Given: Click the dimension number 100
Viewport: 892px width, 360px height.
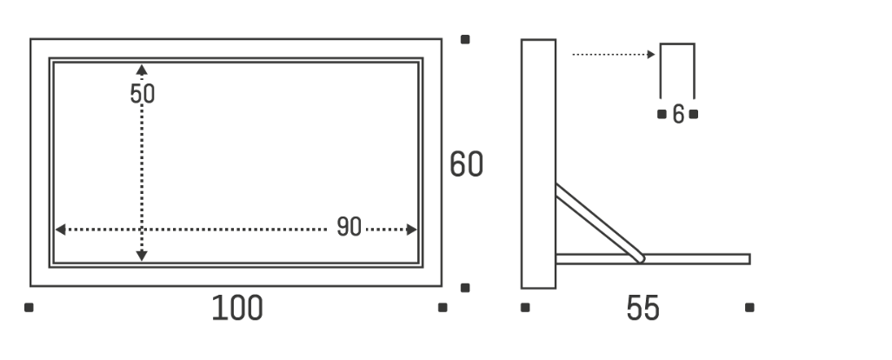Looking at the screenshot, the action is click(237, 308).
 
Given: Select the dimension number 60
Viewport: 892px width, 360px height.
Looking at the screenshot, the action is click(466, 164).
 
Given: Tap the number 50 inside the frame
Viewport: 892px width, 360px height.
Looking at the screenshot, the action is click(143, 94).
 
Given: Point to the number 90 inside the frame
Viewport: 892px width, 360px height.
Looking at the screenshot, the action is click(349, 226).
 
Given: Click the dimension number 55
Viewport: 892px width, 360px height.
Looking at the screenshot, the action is click(642, 308).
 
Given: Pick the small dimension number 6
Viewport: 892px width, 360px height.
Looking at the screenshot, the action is click(678, 114).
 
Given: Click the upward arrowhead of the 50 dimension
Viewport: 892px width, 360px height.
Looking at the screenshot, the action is click(142, 70).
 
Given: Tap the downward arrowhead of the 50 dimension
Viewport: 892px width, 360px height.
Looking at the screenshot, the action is click(142, 256).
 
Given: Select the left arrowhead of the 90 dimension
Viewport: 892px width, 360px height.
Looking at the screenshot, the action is click(60, 230).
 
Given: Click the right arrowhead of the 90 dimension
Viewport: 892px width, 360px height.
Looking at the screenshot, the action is click(411, 230).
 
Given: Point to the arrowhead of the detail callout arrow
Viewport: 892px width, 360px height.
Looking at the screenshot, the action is click(651, 55).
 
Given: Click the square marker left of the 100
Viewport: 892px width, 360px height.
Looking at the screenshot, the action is click(29, 308).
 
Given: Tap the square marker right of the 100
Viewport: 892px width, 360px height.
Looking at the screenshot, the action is click(443, 308).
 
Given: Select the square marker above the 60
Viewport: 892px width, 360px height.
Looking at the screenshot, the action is click(465, 39).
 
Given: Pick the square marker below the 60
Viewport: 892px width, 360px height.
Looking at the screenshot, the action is click(465, 288).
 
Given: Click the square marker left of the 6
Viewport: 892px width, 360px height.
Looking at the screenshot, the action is click(662, 114).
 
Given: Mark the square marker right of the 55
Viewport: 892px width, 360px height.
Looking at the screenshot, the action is click(749, 308).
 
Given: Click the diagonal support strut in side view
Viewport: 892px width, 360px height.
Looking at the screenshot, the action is click(600, 223).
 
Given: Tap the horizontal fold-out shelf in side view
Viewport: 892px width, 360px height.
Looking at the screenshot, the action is click(653, 259).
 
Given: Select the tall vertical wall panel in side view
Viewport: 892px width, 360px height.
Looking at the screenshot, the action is click(539, 163).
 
